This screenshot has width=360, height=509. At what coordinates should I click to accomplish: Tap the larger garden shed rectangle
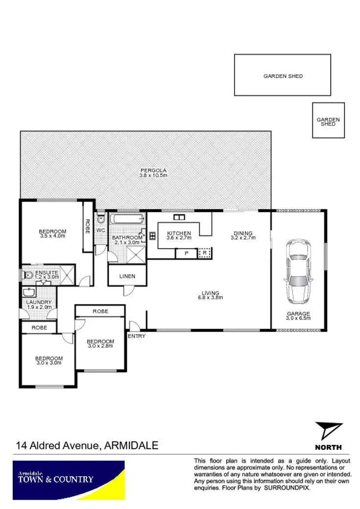pyautogui.click(x=283, y=75)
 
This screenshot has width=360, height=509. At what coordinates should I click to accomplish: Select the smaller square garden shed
pyautogui.click(x=328, y=120)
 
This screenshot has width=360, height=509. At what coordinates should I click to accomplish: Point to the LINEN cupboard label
pyautogui.click(x=127, y=276)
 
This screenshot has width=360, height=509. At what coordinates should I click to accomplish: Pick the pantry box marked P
pyautogui.click(x=186, y=253)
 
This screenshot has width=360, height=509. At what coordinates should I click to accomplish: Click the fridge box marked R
pyautogui.click(x=204, y=253)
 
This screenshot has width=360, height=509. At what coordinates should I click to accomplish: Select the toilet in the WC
pyautogui.click(x=101, y=219)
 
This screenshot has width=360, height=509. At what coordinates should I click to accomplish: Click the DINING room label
pyautogui.click(x=243, y=233)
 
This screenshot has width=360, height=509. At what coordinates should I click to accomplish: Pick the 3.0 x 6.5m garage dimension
pyautogui.click(x=298, y=319)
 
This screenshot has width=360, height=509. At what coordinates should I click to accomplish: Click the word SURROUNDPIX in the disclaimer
pyautogui.click(x=287, y=487)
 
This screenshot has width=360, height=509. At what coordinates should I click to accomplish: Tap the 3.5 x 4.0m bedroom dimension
pyautogui.click(x=52, y=236)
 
